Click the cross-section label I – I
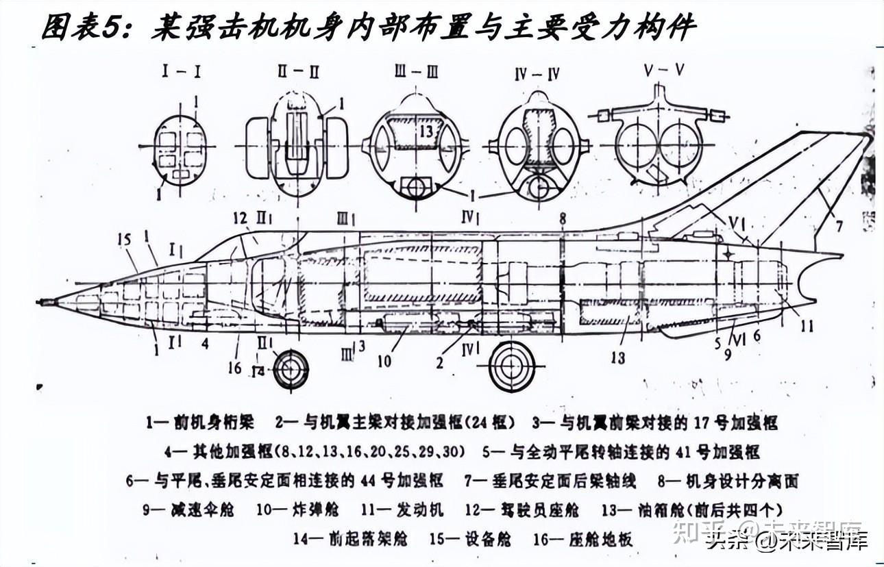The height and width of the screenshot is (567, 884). tap(182, 72)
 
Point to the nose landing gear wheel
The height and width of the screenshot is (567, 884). tap(291, 370)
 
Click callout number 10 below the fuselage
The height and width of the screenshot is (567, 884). tap(385, 359)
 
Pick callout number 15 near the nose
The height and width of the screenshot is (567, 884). tap(124, 240)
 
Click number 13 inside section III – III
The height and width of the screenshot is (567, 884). tap(427, 131)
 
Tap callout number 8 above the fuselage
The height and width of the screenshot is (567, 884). tap(562, 218)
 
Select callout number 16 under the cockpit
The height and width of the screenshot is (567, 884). tap(234, 367)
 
